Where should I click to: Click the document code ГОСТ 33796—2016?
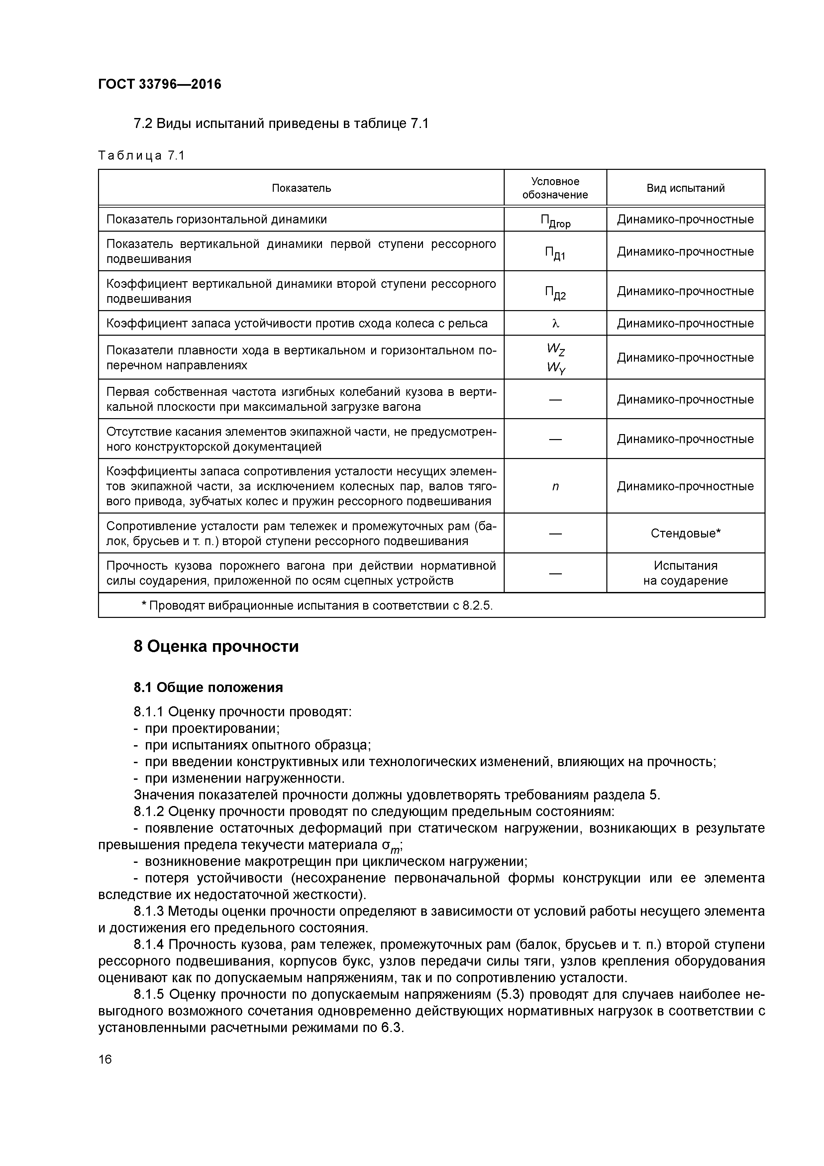159,84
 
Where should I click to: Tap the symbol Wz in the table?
556,349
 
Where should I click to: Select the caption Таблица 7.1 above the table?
141,156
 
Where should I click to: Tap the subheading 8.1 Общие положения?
208,688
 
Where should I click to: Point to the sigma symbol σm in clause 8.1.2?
391,846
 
